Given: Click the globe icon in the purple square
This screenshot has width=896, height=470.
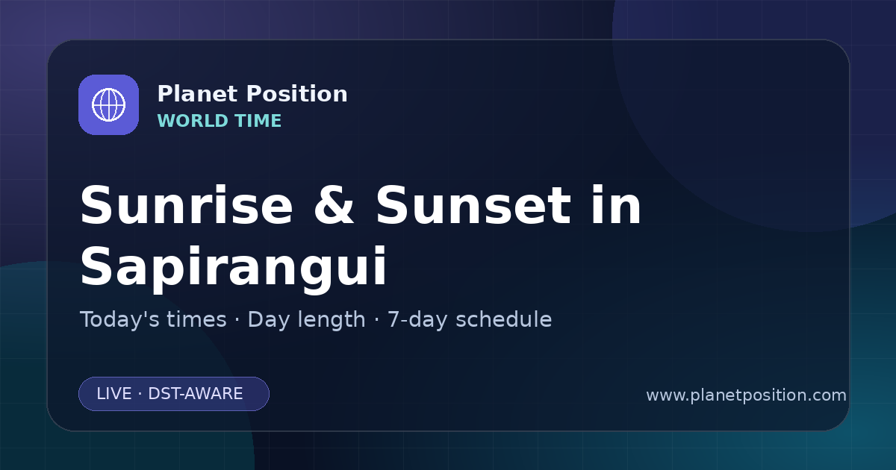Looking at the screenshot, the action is point(108,104).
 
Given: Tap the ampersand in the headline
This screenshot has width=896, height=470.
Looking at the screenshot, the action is point(334,205).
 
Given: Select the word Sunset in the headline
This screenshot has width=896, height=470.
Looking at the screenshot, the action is point(473,205).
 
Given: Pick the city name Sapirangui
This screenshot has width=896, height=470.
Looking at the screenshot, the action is point(233,269).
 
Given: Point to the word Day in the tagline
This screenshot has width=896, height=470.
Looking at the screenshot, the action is point(267,320).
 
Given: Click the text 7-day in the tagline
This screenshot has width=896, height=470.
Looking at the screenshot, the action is point(417,320).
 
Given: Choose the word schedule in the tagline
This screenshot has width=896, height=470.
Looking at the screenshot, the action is point(503,319).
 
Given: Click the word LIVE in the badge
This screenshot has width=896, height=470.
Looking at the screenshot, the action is point(114,394).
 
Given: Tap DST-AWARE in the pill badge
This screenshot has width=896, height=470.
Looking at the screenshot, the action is point(195,394).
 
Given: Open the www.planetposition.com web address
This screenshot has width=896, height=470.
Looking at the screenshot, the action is point(746,395).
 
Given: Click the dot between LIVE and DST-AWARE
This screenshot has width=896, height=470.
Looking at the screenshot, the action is point(140,394).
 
